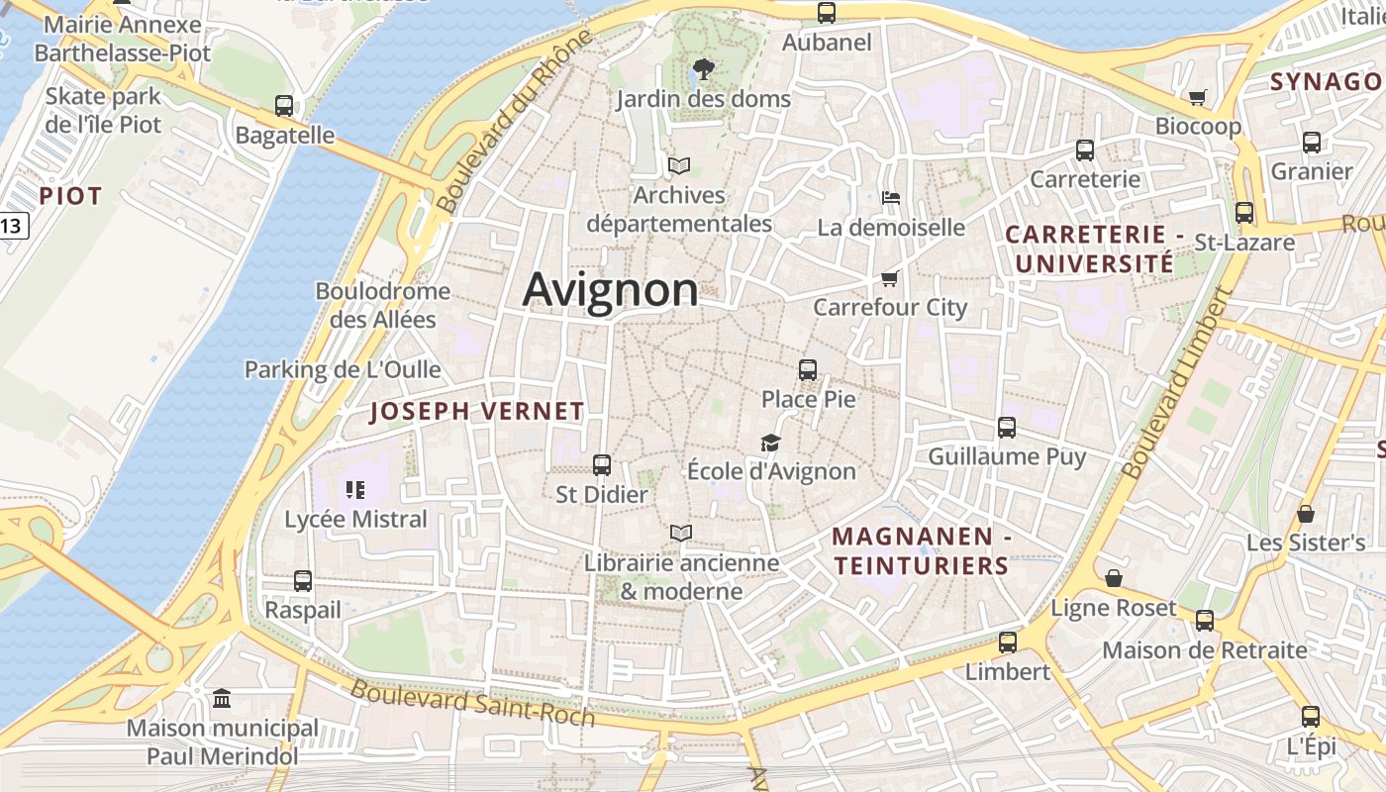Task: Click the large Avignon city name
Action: click(610, 290)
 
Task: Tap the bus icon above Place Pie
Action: click(808, 370)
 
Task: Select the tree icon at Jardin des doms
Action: click(703, 68)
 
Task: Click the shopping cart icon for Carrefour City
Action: click(889, 278)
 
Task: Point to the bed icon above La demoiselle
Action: click(891, 198)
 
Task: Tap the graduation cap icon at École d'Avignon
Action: click(770, 443)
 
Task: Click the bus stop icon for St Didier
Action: click(601, 464)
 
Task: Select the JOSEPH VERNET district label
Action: click(476, 412)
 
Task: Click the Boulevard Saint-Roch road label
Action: click(473, 704)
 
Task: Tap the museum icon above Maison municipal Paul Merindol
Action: click(222, 699)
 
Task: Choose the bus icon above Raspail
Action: click(303, 581)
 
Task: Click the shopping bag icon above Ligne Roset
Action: click(1114, 578)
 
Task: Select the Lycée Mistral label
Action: click(355, 519)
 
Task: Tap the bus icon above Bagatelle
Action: click(284, 106)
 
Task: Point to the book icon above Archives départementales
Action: click(678, 165)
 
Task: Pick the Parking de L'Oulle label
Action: click(343, 369)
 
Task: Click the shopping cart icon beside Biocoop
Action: click(1197, 97)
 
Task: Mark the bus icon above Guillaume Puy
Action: click(1007, 427)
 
